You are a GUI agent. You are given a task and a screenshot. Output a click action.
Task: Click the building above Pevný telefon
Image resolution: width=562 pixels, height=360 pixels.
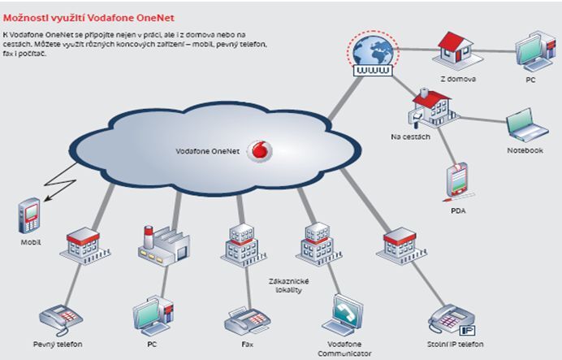click(x=82, y=242)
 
